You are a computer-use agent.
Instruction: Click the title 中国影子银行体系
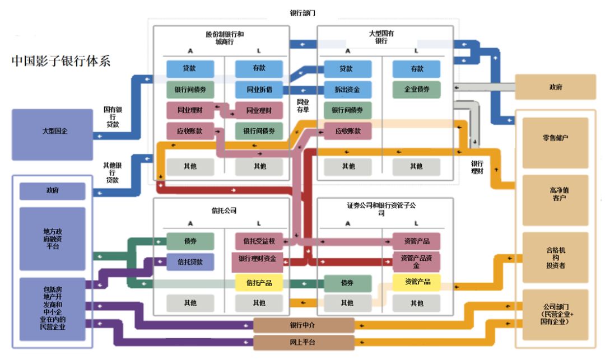[x=61, y=61]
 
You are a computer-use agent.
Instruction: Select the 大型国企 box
[x=52, y=131]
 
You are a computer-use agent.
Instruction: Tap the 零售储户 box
[x=555, y=138]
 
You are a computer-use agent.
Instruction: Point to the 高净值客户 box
[x=555, y=194]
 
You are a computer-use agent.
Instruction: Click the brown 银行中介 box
[x=304, y=325]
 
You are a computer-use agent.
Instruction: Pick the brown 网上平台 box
[x=304, y=342]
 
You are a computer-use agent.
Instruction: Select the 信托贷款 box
[x=190, y=261]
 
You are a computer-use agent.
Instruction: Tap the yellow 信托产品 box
[x=258, y=283]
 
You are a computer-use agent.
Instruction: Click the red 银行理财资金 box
[x=258, y=259]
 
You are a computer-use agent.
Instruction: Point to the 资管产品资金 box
[x=416, y=261]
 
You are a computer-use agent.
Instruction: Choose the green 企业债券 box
[x=416, y=89]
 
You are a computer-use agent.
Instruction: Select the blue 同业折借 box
[x=258, y=89]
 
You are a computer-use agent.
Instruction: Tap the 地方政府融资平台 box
[x=52, y=239]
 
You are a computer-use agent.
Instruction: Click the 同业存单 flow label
[x=303, y=106]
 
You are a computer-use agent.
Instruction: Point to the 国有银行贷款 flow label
[x=113, y=117]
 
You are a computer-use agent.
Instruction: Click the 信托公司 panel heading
[x=224, y=211]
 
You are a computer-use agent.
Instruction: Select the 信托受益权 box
[x=258, y=241]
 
